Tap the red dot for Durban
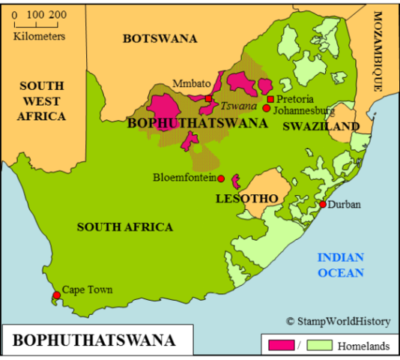tap(323, 204)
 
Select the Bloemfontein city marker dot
tap(221, 178)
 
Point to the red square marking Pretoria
tap(270, 99)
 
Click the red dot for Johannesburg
tap(266, 108)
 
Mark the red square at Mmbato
tap(209, 98)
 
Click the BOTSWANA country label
tap(160, 38)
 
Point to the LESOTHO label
tap(246, 198)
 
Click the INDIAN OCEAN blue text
tap(341, 265)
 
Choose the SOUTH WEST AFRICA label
tap(42, 100)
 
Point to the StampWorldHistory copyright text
tap(338, 321)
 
